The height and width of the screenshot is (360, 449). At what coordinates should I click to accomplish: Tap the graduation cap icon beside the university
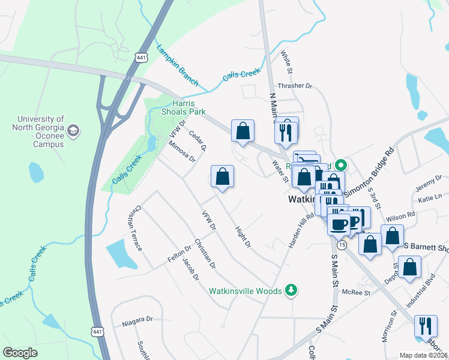73,130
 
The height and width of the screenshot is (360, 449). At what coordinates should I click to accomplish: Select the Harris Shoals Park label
183,107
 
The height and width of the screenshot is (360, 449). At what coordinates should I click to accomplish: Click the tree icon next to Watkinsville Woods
291,291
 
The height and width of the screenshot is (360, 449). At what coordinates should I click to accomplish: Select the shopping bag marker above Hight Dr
222,177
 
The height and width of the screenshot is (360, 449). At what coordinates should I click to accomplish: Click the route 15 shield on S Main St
342,245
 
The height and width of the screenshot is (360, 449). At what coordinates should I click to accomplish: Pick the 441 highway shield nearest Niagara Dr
96,331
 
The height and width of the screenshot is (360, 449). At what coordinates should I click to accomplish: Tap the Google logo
20,352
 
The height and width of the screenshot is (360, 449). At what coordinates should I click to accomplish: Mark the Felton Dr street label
179,253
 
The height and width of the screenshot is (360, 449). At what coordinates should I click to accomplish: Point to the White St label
286,62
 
